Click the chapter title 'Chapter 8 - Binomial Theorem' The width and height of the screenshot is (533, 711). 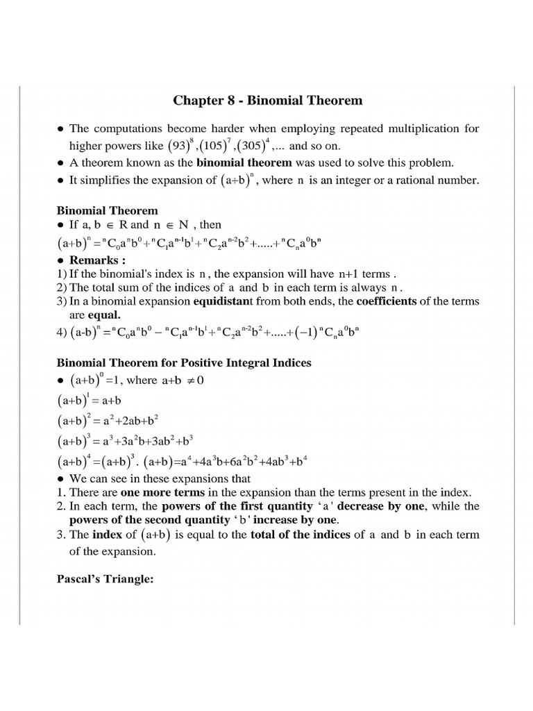point(267,101)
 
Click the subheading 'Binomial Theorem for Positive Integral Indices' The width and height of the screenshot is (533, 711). point(183,362)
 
